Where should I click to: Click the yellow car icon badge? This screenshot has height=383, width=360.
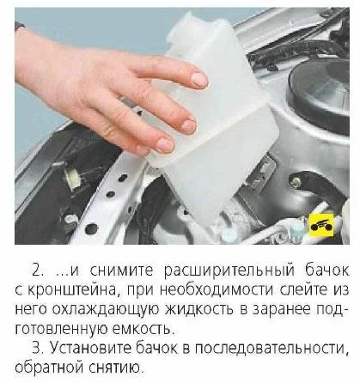[321, 225]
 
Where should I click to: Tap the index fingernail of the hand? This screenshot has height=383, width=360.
[199, 79]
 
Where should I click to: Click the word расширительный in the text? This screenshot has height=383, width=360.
[229, 271]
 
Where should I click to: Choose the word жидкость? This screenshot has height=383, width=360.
[199, 310]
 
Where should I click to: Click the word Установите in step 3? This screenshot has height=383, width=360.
[89, 348]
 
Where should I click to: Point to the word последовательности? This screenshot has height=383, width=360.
[272, 349]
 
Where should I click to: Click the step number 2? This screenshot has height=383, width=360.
[38, 271]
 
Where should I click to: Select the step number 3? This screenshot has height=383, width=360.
[38, 348]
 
